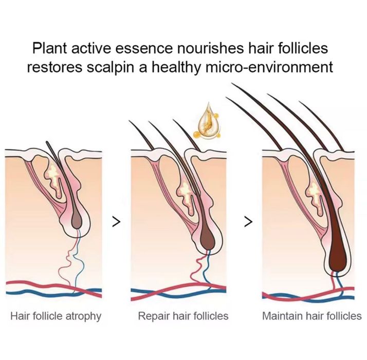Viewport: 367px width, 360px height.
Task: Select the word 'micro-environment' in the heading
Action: pos(269,67)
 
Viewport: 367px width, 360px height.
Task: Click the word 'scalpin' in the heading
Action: pos(112,68)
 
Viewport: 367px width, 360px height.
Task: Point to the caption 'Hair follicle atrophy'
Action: pos(56,316)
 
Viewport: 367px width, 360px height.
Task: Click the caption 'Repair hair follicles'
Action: pos(183,316)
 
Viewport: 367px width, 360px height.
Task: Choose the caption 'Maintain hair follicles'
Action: pos(311,316)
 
